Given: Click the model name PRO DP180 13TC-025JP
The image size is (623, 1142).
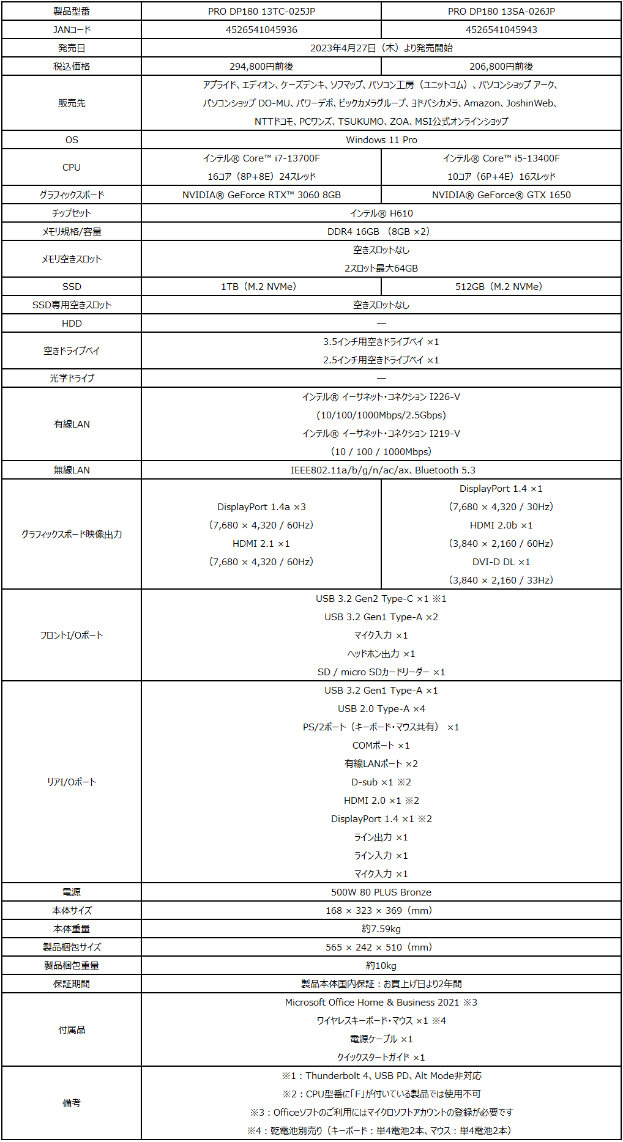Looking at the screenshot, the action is (261, 12).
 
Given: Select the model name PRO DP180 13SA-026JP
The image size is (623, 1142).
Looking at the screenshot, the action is (501, 12).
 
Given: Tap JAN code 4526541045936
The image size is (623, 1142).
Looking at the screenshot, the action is (261, 30).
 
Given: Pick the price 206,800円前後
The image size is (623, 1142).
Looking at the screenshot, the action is (501, 67).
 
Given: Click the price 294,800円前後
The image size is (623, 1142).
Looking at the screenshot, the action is (261, 67).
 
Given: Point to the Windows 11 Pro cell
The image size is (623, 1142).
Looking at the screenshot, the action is (381, 140).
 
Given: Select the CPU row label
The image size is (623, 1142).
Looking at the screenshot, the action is (72, 168).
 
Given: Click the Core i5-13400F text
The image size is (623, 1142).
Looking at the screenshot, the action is (501, 158).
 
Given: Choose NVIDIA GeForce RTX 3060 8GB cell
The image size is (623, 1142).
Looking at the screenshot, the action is (261, 195).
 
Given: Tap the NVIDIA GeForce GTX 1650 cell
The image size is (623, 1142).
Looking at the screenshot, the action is (501, 195).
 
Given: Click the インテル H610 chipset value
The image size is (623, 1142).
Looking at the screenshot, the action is (381, 213).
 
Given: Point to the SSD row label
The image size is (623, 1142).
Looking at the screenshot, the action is (72, 287).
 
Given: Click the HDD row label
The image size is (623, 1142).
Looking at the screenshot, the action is (72, 324).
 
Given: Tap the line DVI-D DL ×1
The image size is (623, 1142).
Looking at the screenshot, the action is (501, 562).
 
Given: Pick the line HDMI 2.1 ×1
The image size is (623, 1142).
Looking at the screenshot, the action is (261, 544).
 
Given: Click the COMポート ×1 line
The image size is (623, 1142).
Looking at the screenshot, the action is (381, 746).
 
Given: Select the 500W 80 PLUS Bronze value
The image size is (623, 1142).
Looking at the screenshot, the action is (381, 892).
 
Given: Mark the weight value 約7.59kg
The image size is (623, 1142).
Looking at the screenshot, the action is (381, 929).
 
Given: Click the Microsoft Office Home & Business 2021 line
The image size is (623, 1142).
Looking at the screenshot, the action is (381, 1003).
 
